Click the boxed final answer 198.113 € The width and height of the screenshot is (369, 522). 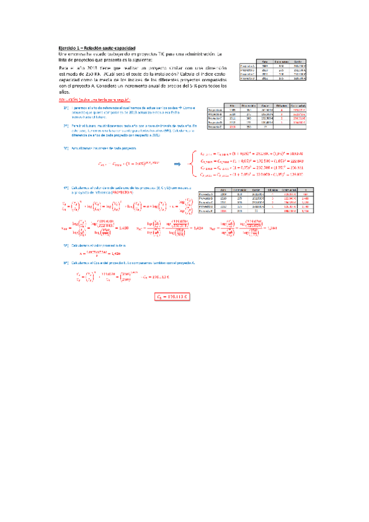(x=174, y=297)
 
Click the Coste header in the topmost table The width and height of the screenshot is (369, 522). (x=298, y=61)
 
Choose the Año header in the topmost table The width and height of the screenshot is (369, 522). (x=264, y=61)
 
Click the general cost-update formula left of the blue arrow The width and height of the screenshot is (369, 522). (x=124, y=164)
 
